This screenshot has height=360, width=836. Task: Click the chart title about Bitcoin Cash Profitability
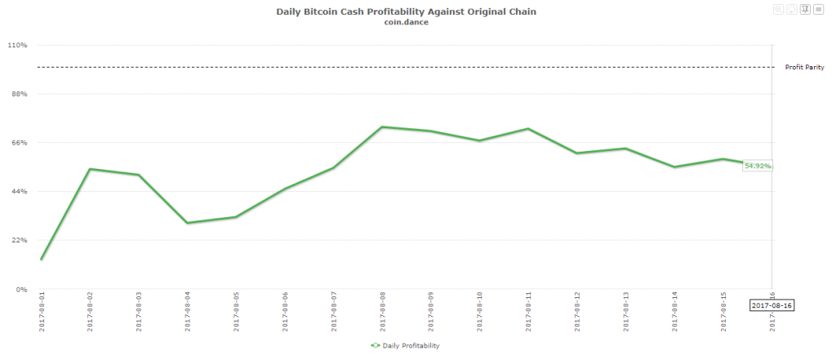[407, 11]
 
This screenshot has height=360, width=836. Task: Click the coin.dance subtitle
[407, 22]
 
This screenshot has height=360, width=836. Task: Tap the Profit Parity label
[804, 67]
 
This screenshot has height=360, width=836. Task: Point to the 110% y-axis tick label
[18, 45]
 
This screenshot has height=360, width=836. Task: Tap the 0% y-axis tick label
[22, 289]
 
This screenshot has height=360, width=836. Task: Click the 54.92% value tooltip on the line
[758, 166]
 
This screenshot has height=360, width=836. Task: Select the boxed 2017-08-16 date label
[772, 304]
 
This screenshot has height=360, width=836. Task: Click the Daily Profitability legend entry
[405, 346]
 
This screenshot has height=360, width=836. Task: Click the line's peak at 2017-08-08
[382, 127]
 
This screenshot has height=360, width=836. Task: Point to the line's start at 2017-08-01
[41, 260]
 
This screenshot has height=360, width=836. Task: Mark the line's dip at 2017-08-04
[187, 223]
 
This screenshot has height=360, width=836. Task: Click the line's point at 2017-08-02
[89, 169]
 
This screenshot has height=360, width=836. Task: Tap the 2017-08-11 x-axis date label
[528, 311]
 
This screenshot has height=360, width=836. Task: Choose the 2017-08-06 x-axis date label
[284, 311]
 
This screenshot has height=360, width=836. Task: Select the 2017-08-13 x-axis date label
[626, 311]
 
